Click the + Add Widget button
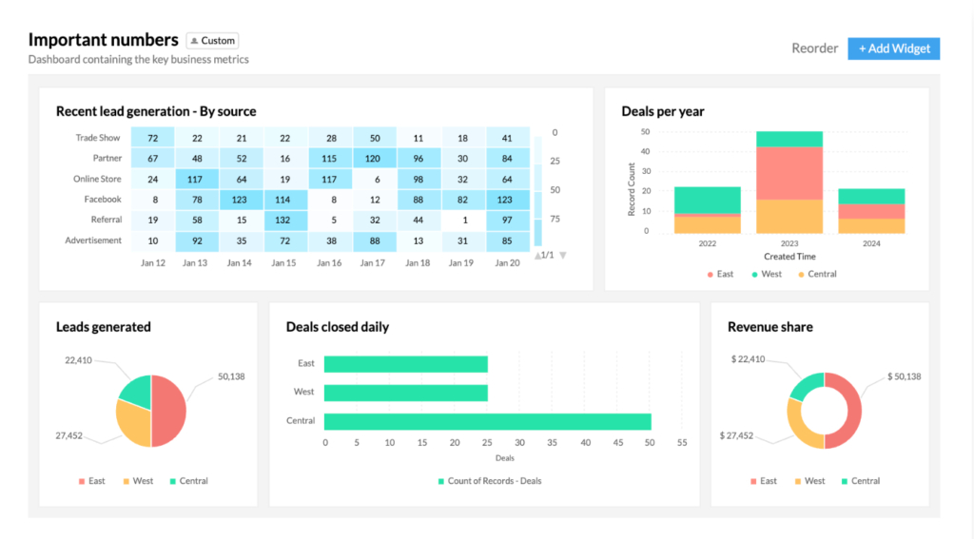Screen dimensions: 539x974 point(893,48)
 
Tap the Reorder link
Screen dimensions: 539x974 point(814,48)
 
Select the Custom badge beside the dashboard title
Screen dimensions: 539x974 point(212,41)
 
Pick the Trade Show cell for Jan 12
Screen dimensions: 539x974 point(152,139)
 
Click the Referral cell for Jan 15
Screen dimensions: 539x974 point(282,220)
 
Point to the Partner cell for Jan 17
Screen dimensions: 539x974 point(375,159)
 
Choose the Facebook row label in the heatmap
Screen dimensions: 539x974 point(103,200)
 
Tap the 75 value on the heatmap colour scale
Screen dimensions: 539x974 point(555,219)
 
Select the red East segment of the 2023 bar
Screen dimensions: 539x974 point(789,173)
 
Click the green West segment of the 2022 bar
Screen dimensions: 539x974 point(707,200)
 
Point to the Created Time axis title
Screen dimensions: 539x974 point(789,257)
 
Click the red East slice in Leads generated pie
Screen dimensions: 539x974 point(169,411)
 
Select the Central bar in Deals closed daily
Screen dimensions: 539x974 point(487,421)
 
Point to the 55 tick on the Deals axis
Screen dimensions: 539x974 point(682,443)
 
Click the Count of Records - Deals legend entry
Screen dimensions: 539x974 point(489,481)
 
